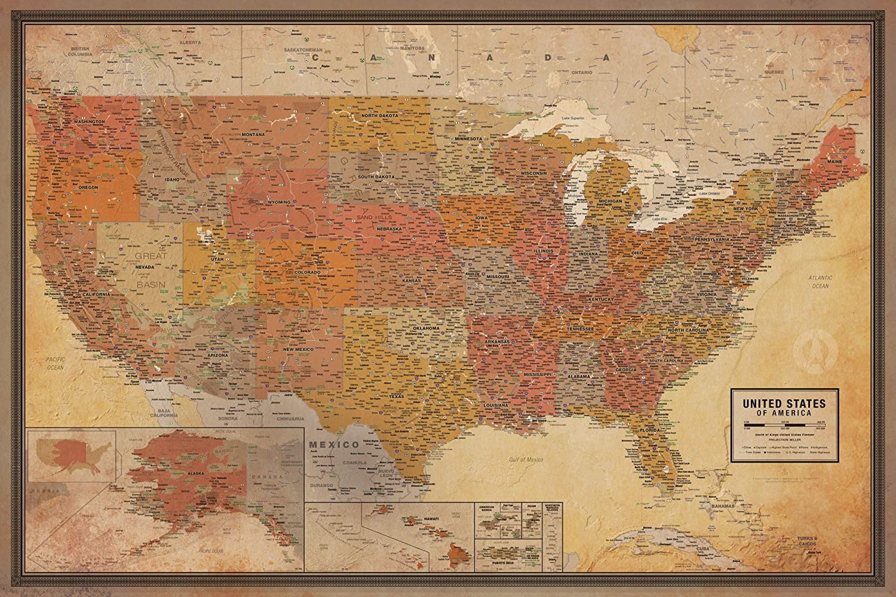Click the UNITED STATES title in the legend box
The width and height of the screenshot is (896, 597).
pos(784,404)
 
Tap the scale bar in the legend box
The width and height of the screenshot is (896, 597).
pos(783,424)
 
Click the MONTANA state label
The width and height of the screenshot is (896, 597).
pos(253,134)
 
